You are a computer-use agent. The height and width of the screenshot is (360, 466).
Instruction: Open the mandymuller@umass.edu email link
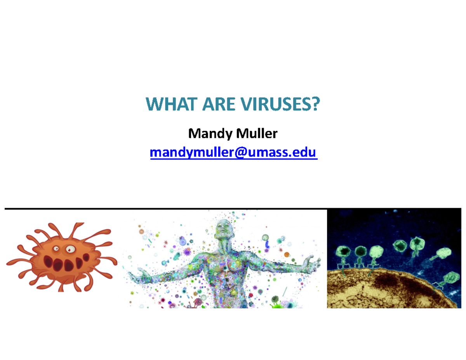click(233, 153)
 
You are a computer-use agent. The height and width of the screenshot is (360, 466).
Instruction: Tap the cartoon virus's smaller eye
click(57, 247)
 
